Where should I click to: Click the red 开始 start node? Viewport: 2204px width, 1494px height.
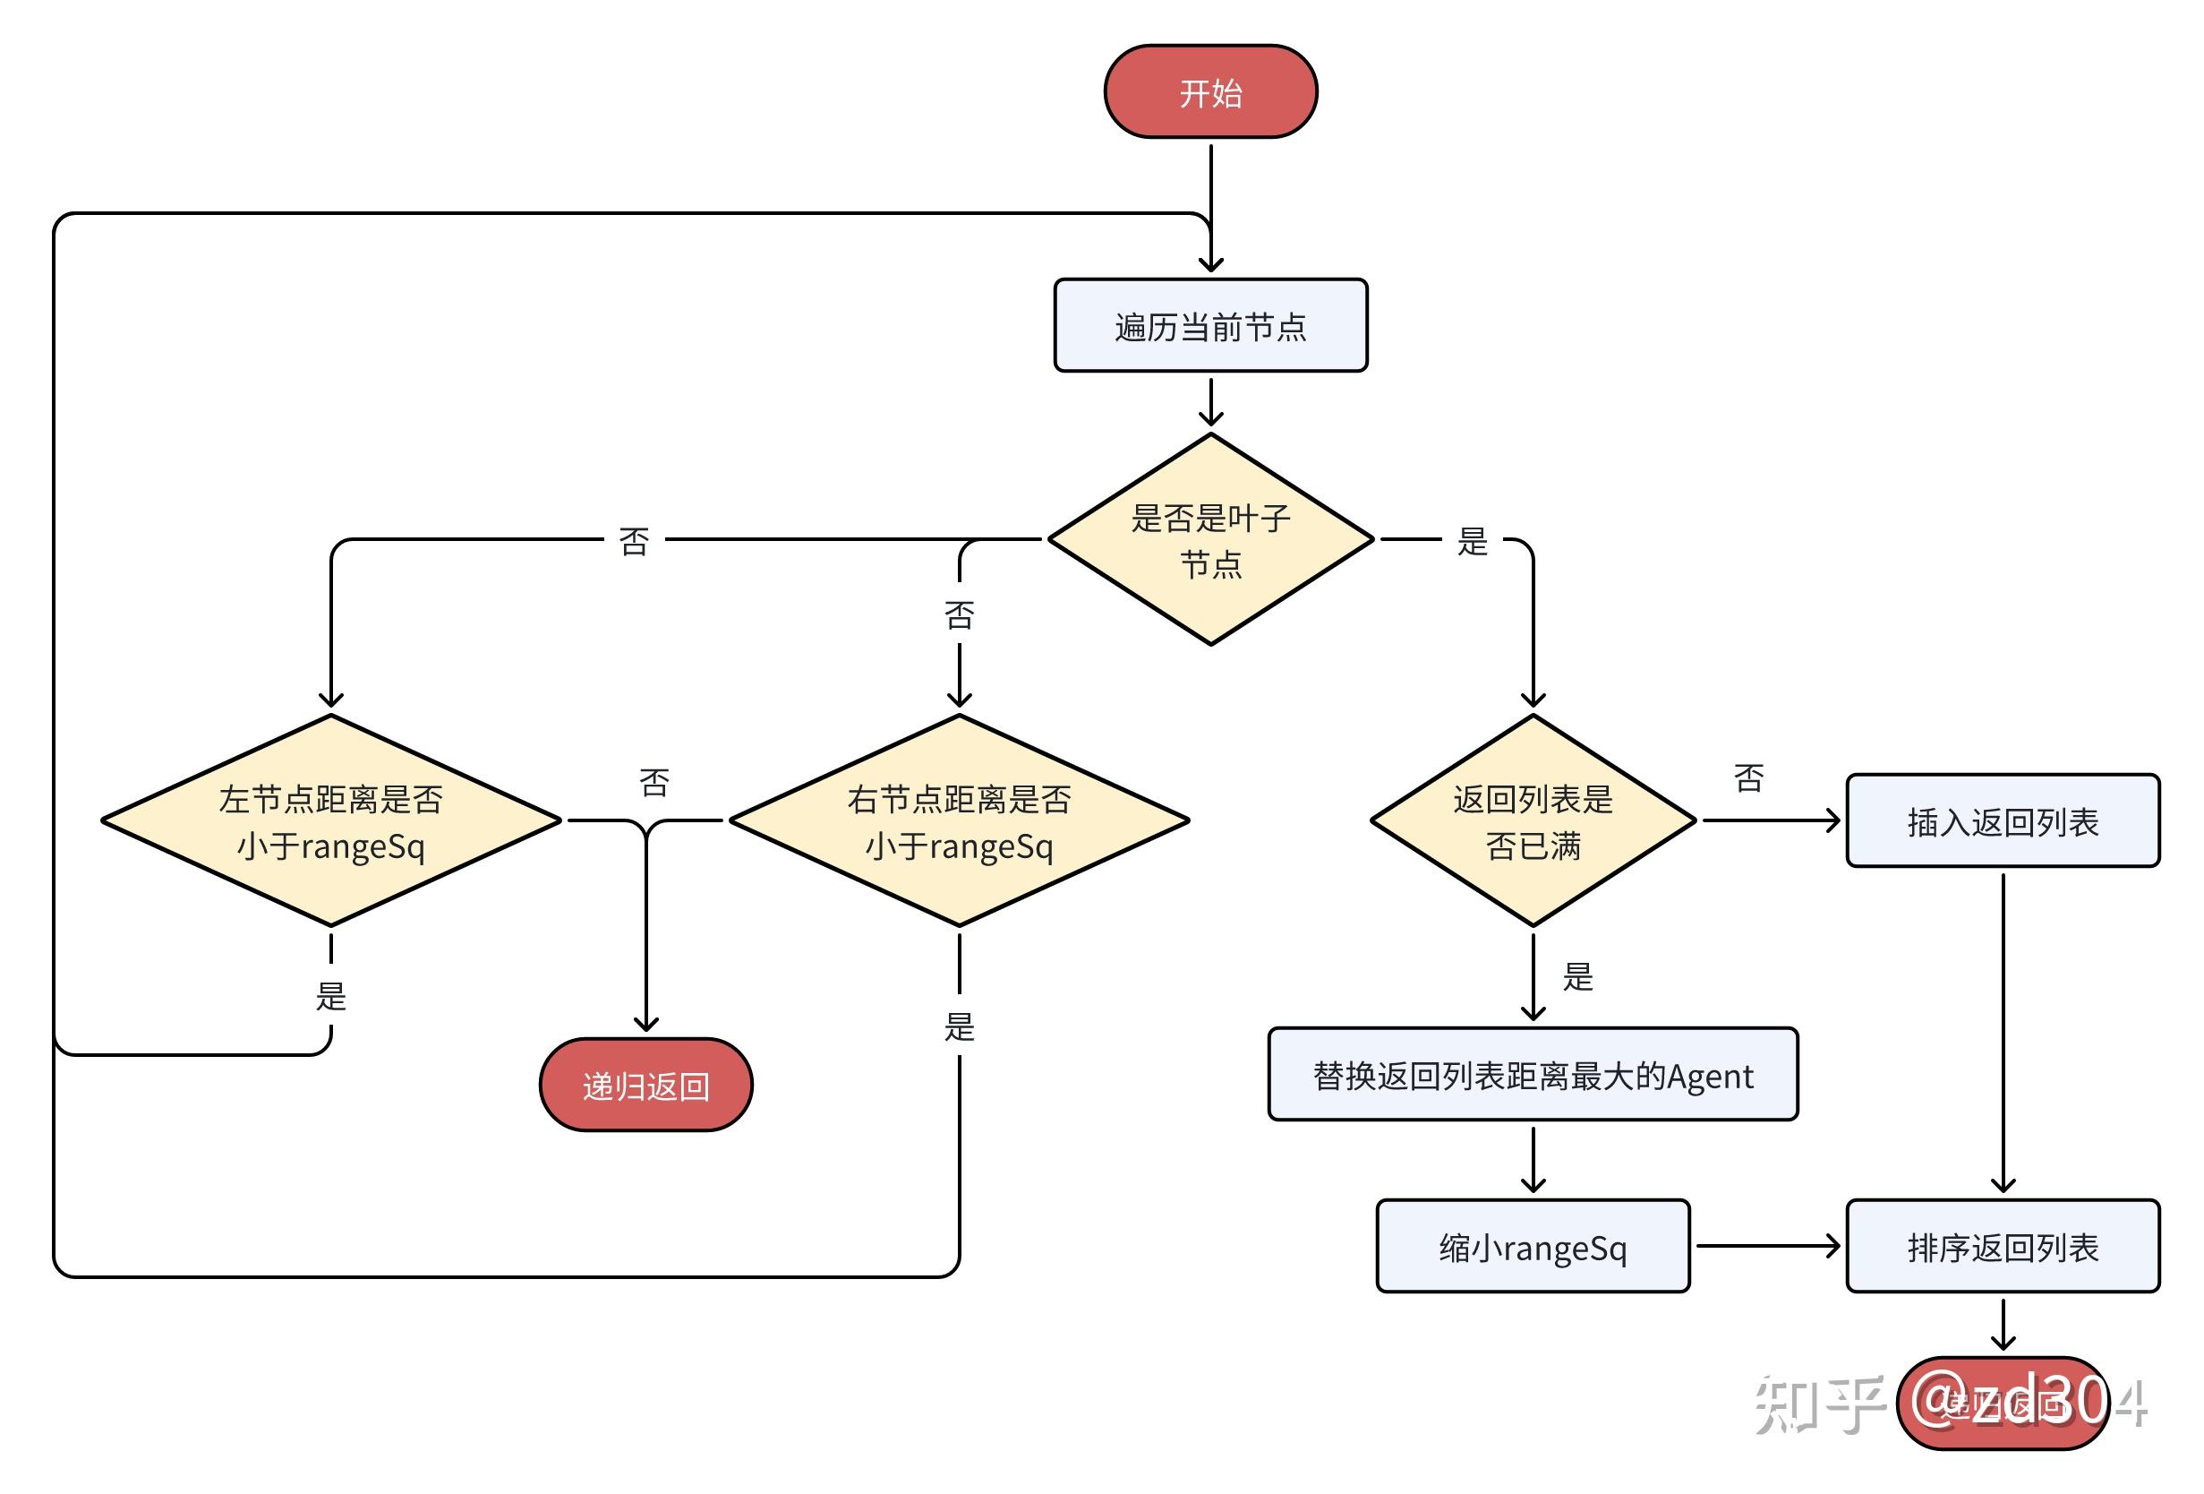1210,92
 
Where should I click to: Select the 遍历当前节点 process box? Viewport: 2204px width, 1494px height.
1210,325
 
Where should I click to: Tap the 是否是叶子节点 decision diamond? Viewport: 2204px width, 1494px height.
1210,539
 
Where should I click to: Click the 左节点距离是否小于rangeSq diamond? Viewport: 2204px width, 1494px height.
330,820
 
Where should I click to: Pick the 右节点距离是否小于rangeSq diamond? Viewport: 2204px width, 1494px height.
959,820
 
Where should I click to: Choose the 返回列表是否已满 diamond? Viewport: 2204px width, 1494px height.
1533,820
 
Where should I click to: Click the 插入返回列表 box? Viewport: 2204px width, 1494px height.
2002,820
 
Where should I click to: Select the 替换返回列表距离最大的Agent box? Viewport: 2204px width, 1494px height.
1533,1075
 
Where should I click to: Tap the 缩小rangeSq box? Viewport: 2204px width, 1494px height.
1533,1247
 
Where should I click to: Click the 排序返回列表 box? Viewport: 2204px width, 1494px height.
2002,1247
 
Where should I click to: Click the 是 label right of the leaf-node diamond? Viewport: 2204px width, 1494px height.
1472,542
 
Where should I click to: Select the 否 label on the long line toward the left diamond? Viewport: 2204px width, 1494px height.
634,542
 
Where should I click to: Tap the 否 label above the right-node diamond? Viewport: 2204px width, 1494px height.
959,615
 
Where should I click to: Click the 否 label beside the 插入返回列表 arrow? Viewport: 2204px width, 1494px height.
1747,778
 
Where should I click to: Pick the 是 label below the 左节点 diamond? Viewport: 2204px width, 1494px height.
330,996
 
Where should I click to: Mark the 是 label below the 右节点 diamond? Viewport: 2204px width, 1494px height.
959,1026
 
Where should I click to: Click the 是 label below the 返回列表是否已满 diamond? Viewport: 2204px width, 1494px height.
1577,977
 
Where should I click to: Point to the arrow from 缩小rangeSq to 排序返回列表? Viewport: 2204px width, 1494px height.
1767,1247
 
